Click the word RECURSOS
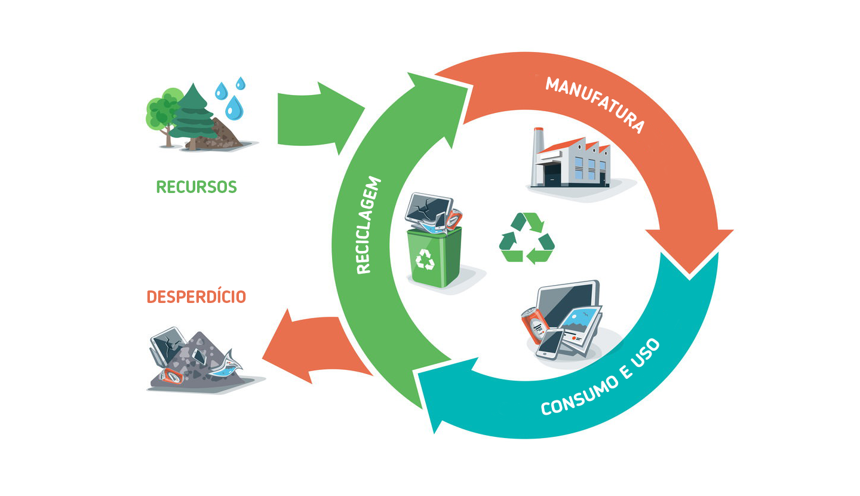click(196, 186)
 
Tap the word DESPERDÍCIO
click(196, 296)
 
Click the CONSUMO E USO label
click(600, 378)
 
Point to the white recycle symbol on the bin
click(425, 258)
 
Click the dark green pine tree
click(192, 117)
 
